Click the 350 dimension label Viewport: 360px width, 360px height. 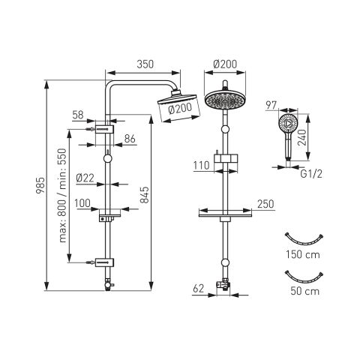[145, 64]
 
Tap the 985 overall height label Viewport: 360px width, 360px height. [40, 185]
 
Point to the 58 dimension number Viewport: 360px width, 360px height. [78, 115]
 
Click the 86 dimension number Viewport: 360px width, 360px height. [130, 139]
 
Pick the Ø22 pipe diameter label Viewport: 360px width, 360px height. [85, 178]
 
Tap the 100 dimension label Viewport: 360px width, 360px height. [82, 203]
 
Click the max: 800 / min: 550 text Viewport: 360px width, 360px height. [63, 195]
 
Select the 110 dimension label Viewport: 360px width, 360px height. [201, 166]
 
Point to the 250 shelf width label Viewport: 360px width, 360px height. [265, 204]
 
